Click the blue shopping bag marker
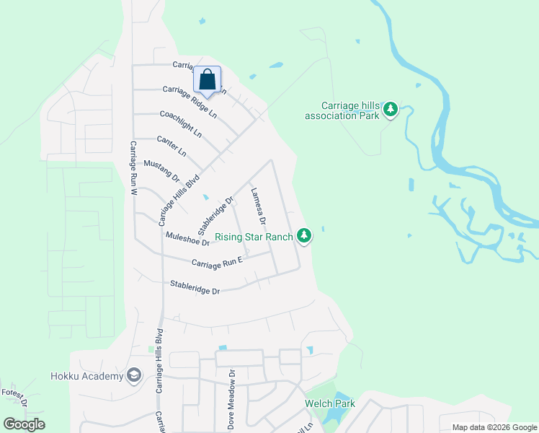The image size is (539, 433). pyautogui.click(x=207, y=81)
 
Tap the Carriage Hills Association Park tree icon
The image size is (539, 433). pyautogui.click(x=391, y=109)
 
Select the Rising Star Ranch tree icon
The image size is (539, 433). pyautogui.click(x=304, y=235)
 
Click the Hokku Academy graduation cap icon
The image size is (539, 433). pyautogui.click(x=133, y=375)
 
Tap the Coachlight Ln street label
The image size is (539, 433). pyautogui.click(x=180, y=123)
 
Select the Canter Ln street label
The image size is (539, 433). pyautogui.click(x=171, y=147)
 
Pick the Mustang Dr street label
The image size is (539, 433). pyautogui.click(x=161, y=171)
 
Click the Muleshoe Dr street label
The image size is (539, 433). pyautogui.click(x=187, y=239)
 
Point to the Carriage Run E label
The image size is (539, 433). pyautogui.click(x=218, y=263)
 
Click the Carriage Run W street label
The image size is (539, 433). pyautogui.click(x=133, y=169)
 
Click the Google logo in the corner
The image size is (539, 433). pyautogui.click(x=24, y=424)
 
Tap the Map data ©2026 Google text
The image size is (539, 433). pyautogui.click(x=494, y=427)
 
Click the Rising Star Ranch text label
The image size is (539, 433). pyautogui.click(x=257, y=237)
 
